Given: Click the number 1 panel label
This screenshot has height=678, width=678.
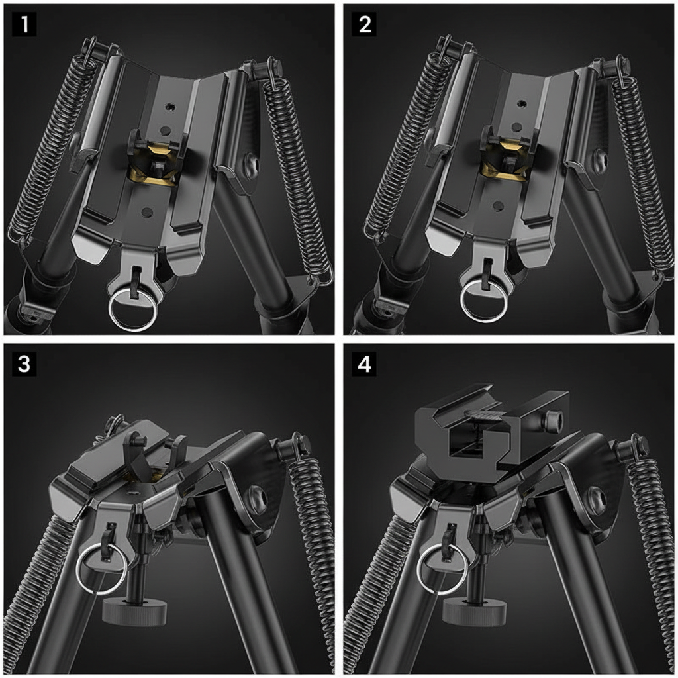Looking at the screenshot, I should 24,24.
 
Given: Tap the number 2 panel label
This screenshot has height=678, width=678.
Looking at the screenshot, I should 364,24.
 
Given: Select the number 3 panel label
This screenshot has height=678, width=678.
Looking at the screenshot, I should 24,363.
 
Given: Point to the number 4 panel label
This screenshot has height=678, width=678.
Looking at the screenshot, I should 364,363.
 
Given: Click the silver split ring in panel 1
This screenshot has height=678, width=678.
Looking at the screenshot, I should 133,310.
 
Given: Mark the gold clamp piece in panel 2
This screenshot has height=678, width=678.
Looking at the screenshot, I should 505,160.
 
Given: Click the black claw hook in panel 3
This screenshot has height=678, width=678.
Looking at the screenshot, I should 140,457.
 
